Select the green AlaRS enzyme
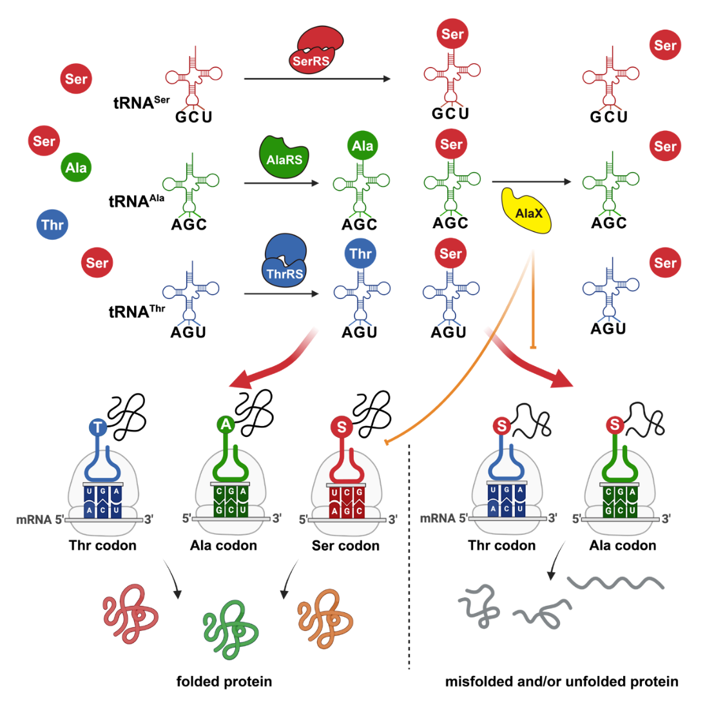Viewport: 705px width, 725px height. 284,157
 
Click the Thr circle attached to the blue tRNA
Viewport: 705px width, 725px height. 360,254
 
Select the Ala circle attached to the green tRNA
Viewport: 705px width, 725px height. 362,146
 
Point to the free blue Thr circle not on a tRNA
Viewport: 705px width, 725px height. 52,225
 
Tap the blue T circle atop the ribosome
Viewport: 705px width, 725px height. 98,427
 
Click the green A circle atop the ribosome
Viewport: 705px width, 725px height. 225,424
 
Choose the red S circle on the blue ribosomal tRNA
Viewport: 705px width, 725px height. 501,425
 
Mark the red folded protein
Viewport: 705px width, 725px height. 131,613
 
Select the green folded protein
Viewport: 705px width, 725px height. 231,628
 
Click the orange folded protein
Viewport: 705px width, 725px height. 325,618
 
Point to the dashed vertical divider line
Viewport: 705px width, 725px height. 409,554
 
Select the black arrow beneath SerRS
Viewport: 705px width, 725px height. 317,79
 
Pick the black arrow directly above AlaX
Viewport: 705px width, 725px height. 531,182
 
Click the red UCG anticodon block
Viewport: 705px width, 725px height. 346,494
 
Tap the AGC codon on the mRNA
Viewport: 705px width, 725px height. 346,510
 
